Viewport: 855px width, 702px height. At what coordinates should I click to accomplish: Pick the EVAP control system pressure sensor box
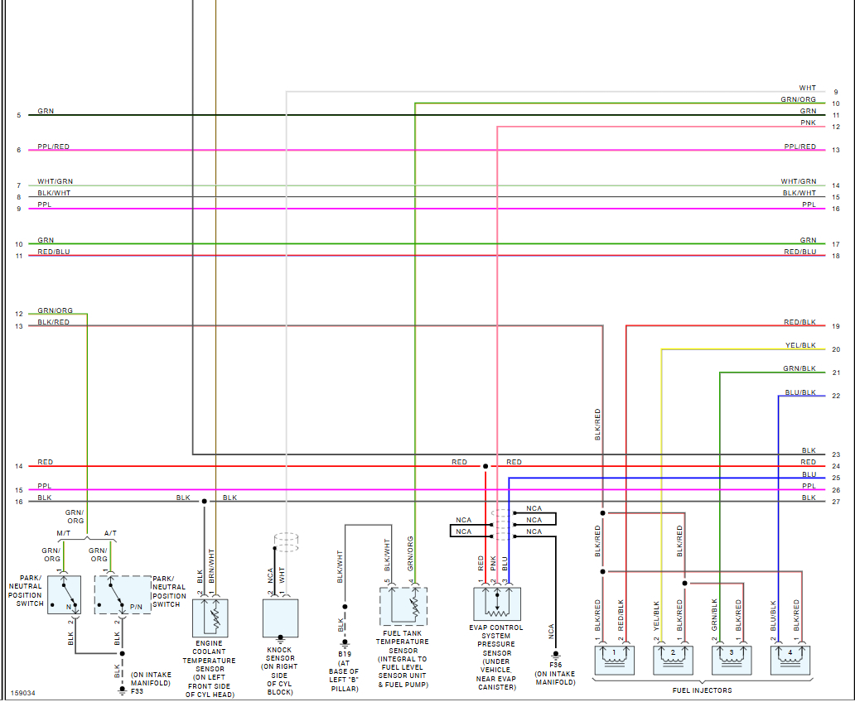(497, 603)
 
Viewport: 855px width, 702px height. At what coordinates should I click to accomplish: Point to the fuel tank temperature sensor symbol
(403, 606)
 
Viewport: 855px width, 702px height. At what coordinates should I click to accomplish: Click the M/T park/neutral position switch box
(64, 594)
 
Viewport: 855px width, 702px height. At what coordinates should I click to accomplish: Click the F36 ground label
(555, 664)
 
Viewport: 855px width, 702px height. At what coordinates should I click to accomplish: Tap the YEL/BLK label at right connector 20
(800, 345)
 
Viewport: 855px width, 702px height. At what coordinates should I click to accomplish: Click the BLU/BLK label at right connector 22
(800, 392)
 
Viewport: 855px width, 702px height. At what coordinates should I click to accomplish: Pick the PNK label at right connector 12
(809, 123)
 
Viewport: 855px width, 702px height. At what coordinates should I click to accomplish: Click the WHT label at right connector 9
(808, 88)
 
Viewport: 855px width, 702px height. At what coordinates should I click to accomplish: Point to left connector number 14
(19, 467)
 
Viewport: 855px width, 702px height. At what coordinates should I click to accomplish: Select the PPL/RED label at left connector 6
(54, 147)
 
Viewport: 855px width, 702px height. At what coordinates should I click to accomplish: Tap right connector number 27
(836, 502)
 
